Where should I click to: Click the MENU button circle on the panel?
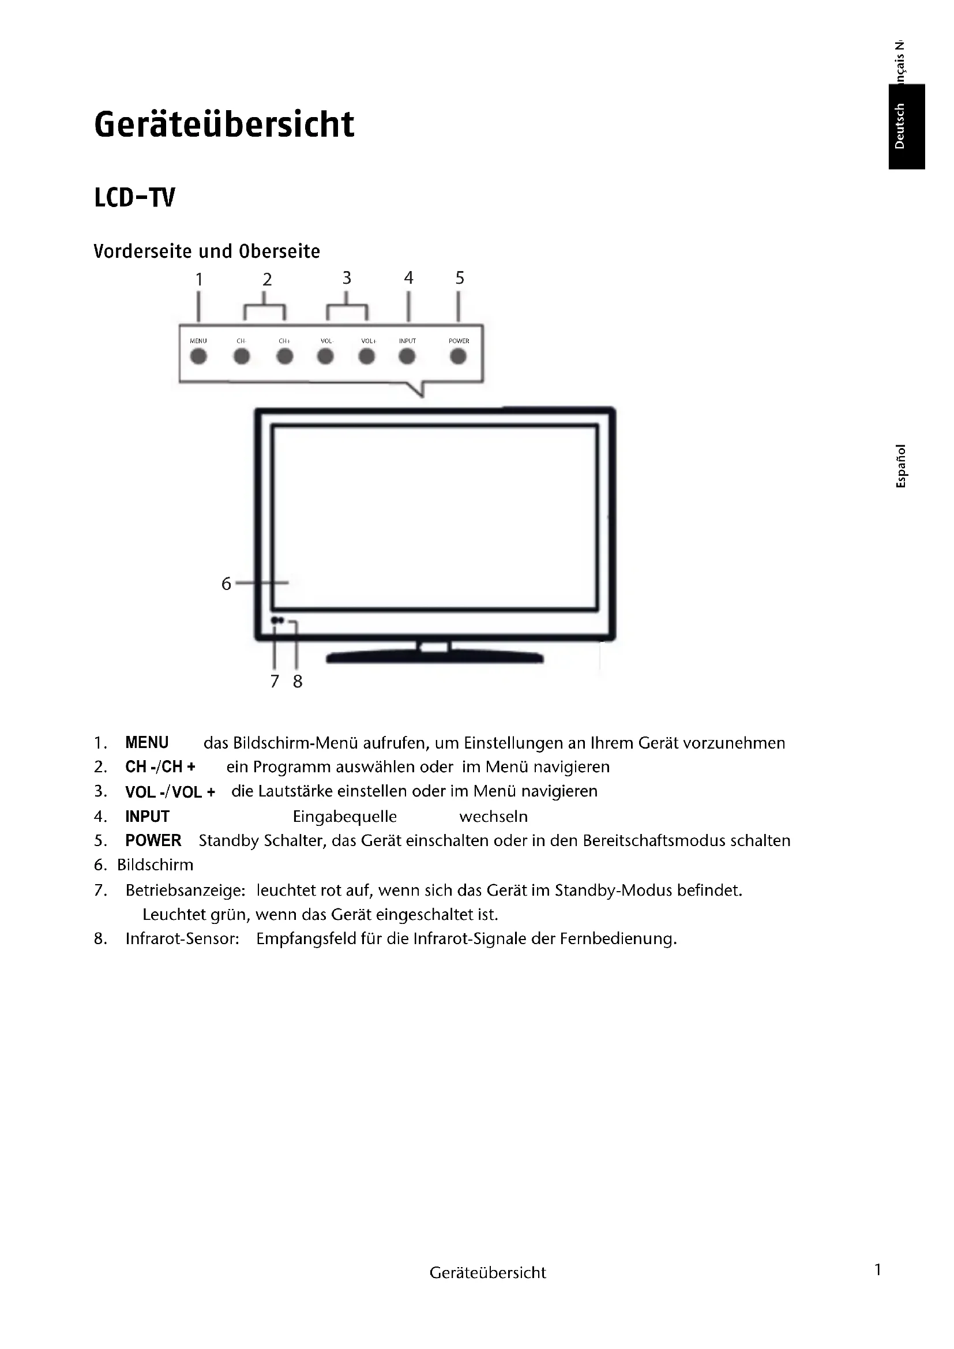198,356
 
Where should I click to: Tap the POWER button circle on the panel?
458,356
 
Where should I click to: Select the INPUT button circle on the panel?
407,356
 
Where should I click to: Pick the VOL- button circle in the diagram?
325,356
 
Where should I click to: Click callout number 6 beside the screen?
226,584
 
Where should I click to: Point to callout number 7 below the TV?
275,681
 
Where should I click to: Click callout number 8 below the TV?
298,681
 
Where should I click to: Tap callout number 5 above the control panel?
459,278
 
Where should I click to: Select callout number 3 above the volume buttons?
347,278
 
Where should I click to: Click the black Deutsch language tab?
907,126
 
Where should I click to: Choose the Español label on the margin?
900,466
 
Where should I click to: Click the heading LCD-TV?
134,198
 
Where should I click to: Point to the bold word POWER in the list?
153,840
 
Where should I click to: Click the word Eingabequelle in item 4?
345,817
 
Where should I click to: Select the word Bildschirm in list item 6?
155,865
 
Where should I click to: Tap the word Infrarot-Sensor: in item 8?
182,938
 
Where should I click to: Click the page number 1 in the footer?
878,1269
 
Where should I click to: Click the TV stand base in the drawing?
435,658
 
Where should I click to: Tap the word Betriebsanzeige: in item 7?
185,890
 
